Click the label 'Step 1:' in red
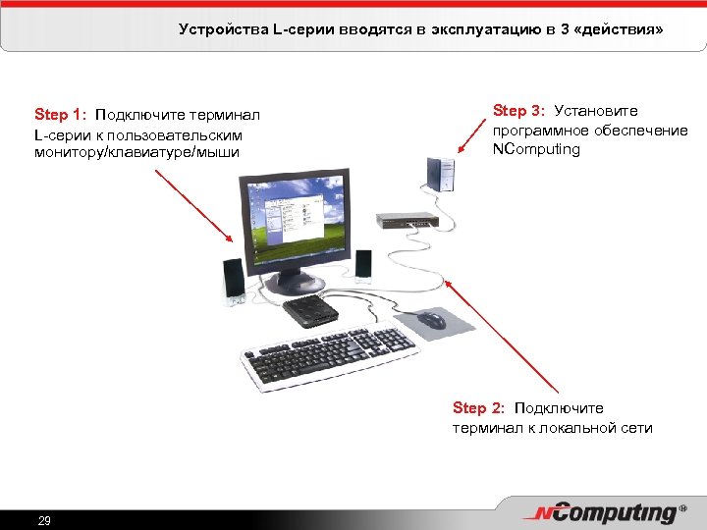pyautogui.click(x=61, y=114)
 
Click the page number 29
pyautogui.click(x=44, y=520)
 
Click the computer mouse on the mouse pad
pyautogui.click(x=430, y=320)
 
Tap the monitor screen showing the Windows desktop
pyautogui.click(x=294, y=223)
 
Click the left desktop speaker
pyautogui.click(x=234, y=282)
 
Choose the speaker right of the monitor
pyautogui.click(x=363, y=266)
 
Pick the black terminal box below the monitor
pyautogui.click(x=311, y=311)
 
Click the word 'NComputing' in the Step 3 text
pyautogui.click(x=536, y=149)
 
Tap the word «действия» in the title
pyautogui.click(x=618, y=30)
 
